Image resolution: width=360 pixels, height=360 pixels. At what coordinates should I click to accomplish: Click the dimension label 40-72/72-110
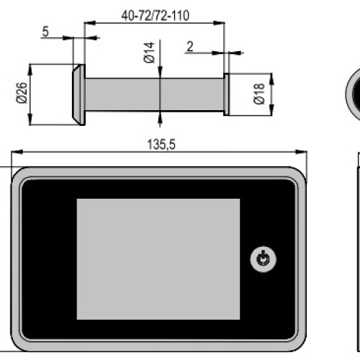coord(156,16)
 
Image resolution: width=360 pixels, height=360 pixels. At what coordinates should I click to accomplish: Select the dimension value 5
coord(45,32)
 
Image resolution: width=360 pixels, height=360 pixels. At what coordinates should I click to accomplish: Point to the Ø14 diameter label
coord(149,53)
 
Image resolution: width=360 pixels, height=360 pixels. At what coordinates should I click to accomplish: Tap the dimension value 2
coord(190,46)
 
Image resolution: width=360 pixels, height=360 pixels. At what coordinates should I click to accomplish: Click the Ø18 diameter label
coord(259,94)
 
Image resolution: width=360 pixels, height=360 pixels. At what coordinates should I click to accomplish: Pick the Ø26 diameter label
coord(22,93)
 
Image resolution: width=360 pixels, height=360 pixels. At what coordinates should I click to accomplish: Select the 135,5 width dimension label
coord(161,145)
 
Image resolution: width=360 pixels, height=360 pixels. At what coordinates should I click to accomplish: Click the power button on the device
coord(263,258)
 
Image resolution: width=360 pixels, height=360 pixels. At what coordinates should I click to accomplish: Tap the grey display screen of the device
coord(158,259)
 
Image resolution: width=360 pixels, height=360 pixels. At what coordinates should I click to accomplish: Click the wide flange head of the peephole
coord(79,94)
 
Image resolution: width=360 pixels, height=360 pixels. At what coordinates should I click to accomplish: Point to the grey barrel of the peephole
coord(154,94)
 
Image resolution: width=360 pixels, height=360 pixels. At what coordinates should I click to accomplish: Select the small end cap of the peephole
coord(226,94)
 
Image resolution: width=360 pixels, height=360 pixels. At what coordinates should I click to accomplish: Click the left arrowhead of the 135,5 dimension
coord(17,152)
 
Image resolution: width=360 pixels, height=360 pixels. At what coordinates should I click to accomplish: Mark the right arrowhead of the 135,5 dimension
coord(301,152)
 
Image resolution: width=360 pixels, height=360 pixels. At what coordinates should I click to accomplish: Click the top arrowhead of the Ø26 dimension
coord(30,70)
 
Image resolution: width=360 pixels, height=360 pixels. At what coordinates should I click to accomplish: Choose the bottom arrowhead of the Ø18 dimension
coord(271,109)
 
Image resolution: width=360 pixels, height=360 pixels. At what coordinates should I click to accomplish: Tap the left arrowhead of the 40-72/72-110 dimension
coord(90,23)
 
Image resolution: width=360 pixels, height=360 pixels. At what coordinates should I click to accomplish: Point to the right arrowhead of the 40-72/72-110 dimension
coord(219,23)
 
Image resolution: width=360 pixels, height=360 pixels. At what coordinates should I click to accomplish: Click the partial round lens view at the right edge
coord(352,94)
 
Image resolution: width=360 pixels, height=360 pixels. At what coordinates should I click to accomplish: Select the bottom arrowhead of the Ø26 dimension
coord(30,119)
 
